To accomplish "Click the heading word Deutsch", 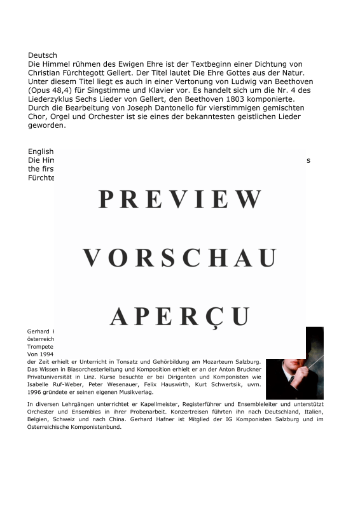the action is (43, 55).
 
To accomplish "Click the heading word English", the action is (41, 151).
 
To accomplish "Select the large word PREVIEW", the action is (180, 199).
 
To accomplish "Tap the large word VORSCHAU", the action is (180, 258).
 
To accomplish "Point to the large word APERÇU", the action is (180, 316).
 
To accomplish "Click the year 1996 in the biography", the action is (36, 392).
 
